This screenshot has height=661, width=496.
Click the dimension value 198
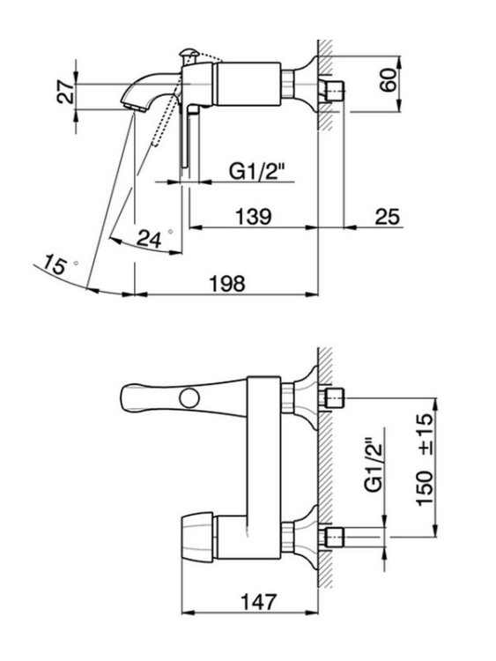[x=227, y=283]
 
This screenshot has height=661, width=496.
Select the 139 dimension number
[x=253, y=217]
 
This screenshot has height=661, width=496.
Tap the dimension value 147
[x=259, y=602]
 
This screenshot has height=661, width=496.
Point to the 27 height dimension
[x=65, y=93]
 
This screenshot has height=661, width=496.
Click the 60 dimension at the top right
[x=389, y=79]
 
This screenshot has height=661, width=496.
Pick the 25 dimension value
[x=387, y=217]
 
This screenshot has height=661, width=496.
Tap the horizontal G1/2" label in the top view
[x=257, y=172]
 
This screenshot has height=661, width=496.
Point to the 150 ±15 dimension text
[x=425, y=459]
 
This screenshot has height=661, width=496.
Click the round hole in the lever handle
[x=189, y=398]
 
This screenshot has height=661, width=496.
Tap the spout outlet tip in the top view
[x=135, y=108]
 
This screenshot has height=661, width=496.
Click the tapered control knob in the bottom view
[x=197, y=538]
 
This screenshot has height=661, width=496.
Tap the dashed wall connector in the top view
[x=336, y=91]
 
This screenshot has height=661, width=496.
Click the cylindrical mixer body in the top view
[x=248, y=84]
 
